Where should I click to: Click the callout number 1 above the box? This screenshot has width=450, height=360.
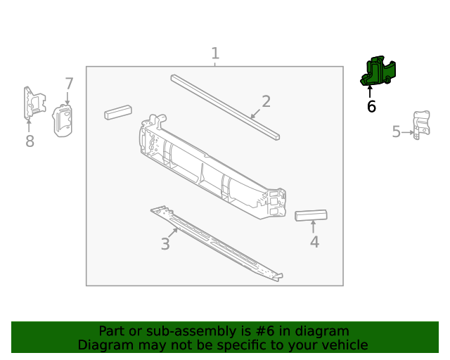click(x=215, y=53)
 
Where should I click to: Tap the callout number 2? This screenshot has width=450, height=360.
click(x=266, y=102)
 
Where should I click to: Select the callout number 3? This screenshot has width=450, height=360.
click(x=165, y=244)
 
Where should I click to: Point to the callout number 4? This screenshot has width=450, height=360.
click(x=314, y=242)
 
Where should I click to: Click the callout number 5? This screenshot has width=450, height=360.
click(x=397, y=131)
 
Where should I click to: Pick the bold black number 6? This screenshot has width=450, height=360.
click(x=371, y=107)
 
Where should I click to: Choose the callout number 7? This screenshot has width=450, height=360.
click(x=69, y=84)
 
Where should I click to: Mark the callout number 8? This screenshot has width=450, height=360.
click(x=30, y=142)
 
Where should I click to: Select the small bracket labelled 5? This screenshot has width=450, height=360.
click(x=420, y=125)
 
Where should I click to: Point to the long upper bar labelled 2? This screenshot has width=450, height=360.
click(x=225, y=105)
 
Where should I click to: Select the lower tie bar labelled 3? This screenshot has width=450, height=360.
click(x=218, y=243)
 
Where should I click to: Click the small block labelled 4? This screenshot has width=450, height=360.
click(x=311, y=216)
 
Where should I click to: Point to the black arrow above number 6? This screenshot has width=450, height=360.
click(x=370, y=91)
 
